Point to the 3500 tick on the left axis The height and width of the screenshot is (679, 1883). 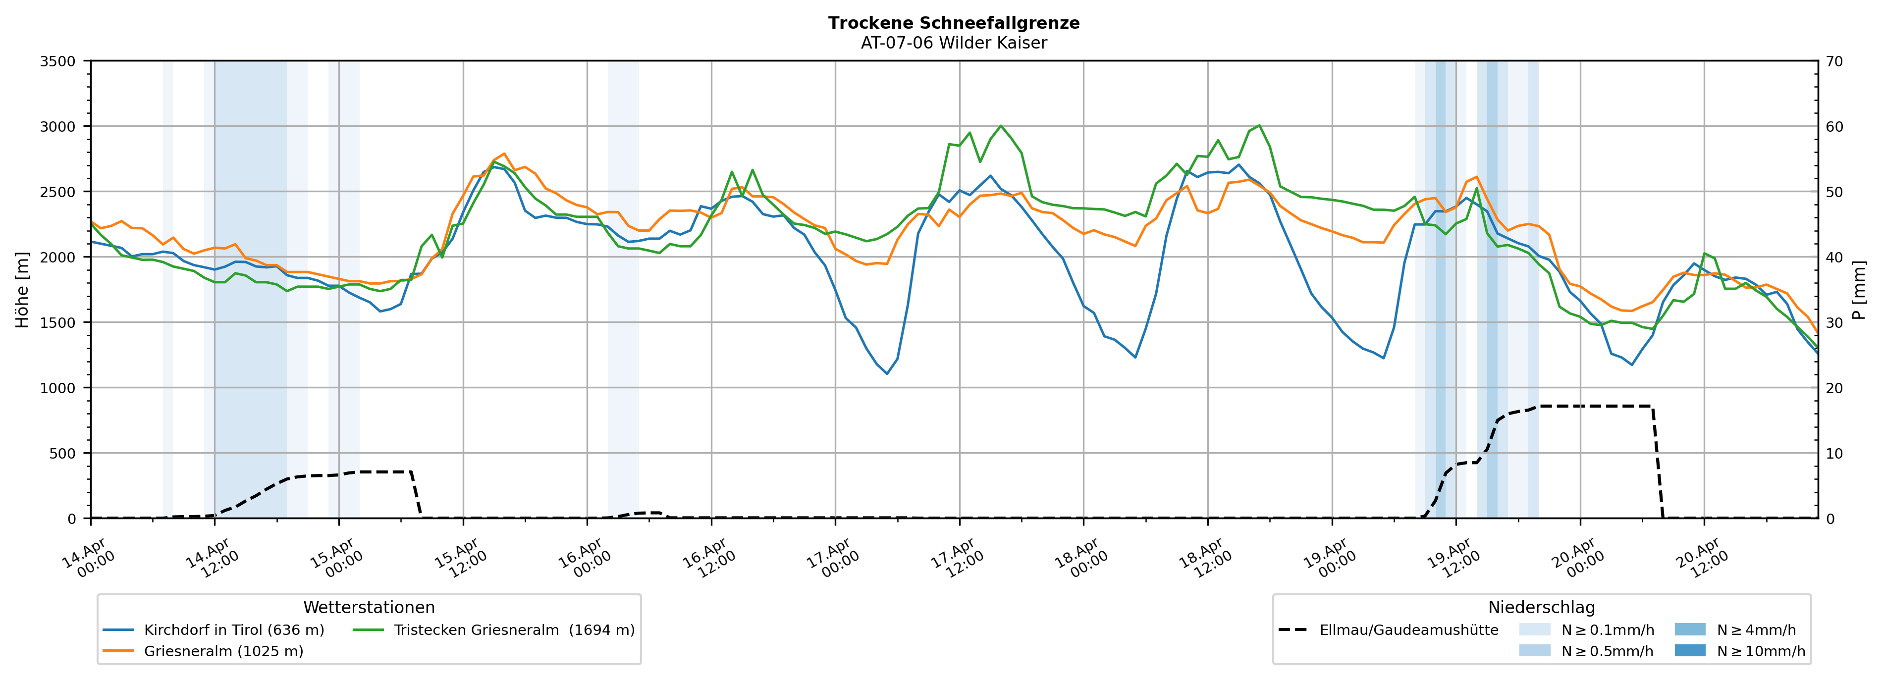[x=58, y=61]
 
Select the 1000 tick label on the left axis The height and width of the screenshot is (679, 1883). [x=58, y=388]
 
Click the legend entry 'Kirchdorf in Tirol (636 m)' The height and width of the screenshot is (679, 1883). [x=234, y=630]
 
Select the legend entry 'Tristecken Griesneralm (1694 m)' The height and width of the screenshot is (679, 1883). [x=514, y=630]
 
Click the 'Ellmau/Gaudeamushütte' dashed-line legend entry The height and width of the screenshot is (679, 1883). [x=1408, y=630]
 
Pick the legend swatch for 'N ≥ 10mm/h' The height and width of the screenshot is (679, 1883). [x=1689, y=650]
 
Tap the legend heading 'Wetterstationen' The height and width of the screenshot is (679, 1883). [x=369, y=607]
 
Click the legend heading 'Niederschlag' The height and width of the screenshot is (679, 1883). [x=1541, y=607]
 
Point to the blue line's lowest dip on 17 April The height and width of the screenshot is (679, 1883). [x=887, y=373]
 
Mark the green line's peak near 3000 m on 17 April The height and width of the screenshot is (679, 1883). [x=1001, y=126]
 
